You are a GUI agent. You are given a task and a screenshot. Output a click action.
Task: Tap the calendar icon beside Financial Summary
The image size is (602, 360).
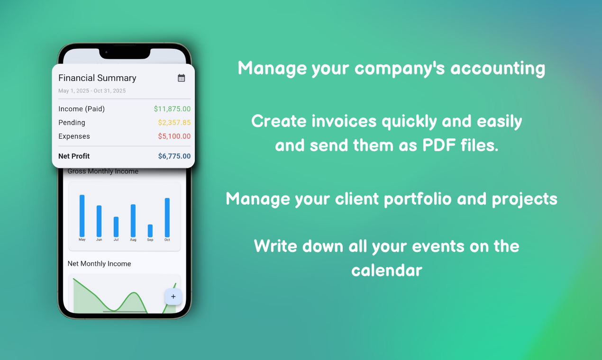click(181, 78)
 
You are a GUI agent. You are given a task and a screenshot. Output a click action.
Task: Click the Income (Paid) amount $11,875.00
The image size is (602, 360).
click(172, 109)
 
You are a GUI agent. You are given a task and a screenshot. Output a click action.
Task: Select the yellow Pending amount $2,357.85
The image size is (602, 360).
click(174, 123)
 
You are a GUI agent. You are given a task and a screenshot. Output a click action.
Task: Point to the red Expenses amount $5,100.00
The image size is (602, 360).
click(174, 136)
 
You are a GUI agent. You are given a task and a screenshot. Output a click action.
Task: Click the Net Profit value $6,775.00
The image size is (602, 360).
click(174, 156)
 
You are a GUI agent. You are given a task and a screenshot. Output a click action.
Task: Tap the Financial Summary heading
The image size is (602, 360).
click(97, 78)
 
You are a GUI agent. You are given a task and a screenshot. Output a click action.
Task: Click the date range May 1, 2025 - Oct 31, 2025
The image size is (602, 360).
click(92, 91)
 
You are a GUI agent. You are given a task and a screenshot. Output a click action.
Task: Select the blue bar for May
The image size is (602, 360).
click(82, 216)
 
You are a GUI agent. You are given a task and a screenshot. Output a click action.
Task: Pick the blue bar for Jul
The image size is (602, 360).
click(116, 226)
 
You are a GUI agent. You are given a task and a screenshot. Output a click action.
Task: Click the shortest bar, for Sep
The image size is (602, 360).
click(150, 230)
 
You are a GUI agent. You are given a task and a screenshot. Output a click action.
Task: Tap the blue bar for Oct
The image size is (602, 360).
click(167, 217)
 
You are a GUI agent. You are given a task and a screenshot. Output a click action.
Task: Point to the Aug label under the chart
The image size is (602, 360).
click(133, 240)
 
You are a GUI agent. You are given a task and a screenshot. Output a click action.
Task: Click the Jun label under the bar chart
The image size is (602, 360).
click(99, 240)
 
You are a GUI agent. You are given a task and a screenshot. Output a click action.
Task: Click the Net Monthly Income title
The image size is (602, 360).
click(99, 264)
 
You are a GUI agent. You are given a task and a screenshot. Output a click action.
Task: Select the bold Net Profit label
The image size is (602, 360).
click(74, 156)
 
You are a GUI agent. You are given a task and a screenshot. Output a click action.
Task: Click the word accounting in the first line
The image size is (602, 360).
click(498, 69)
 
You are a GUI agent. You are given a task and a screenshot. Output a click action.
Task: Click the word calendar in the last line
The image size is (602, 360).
click(386, 270)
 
